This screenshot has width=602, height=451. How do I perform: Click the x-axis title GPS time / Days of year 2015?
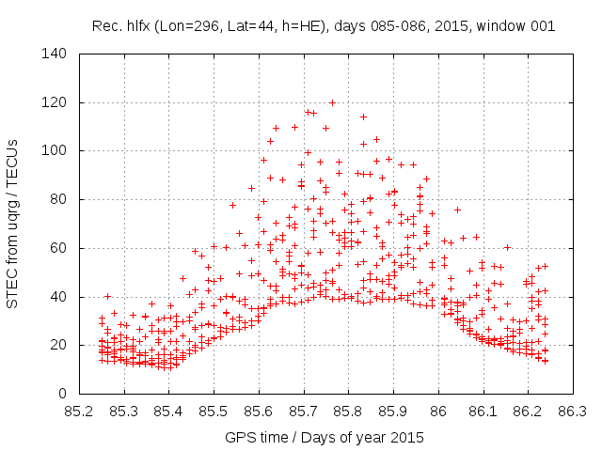click(325, 438)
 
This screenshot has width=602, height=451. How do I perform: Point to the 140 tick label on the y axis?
click(54, 54)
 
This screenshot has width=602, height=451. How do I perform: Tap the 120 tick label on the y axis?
click(54, 102)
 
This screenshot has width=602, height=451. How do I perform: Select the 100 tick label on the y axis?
click(54, 150)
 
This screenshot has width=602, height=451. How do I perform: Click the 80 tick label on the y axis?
click(57, 199)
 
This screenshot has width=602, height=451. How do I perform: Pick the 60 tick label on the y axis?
click(57, 248)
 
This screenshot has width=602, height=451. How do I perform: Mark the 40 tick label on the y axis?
click(57, 297)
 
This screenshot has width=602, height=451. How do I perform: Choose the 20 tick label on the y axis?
click(57, 345)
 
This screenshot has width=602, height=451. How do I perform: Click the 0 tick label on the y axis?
click(61, 394)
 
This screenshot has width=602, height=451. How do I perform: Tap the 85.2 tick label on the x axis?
click(79, 411)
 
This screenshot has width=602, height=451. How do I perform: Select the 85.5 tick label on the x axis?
click(214, 411)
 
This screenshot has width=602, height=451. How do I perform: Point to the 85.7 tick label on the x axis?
click(303, 411)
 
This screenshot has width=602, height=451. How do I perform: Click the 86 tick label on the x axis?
click(437, 411)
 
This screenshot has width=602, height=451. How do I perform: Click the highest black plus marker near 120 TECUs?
click(332, 102)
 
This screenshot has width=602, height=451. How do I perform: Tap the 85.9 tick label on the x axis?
click(393, 411)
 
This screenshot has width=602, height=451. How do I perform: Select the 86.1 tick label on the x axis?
click(483, 411)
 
